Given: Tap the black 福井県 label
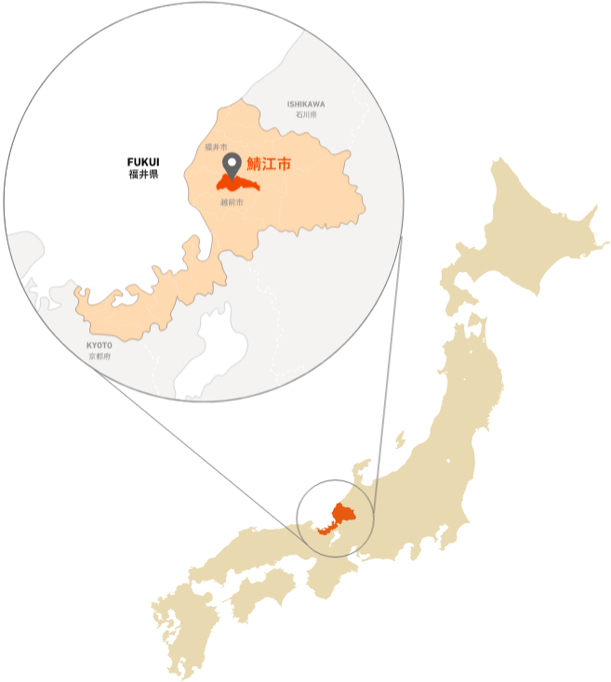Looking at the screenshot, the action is point(144,174).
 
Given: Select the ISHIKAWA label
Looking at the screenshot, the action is point(307,104).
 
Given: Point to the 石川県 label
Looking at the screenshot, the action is point(307,114).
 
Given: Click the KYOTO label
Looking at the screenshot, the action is point(100,346).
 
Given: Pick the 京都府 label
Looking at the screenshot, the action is point(100,356).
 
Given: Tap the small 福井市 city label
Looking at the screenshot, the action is point(216,147).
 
